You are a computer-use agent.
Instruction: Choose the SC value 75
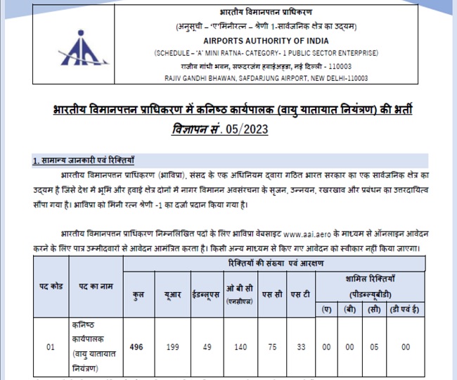272,346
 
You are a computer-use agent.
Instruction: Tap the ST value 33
300,346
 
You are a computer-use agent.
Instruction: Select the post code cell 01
50,346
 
